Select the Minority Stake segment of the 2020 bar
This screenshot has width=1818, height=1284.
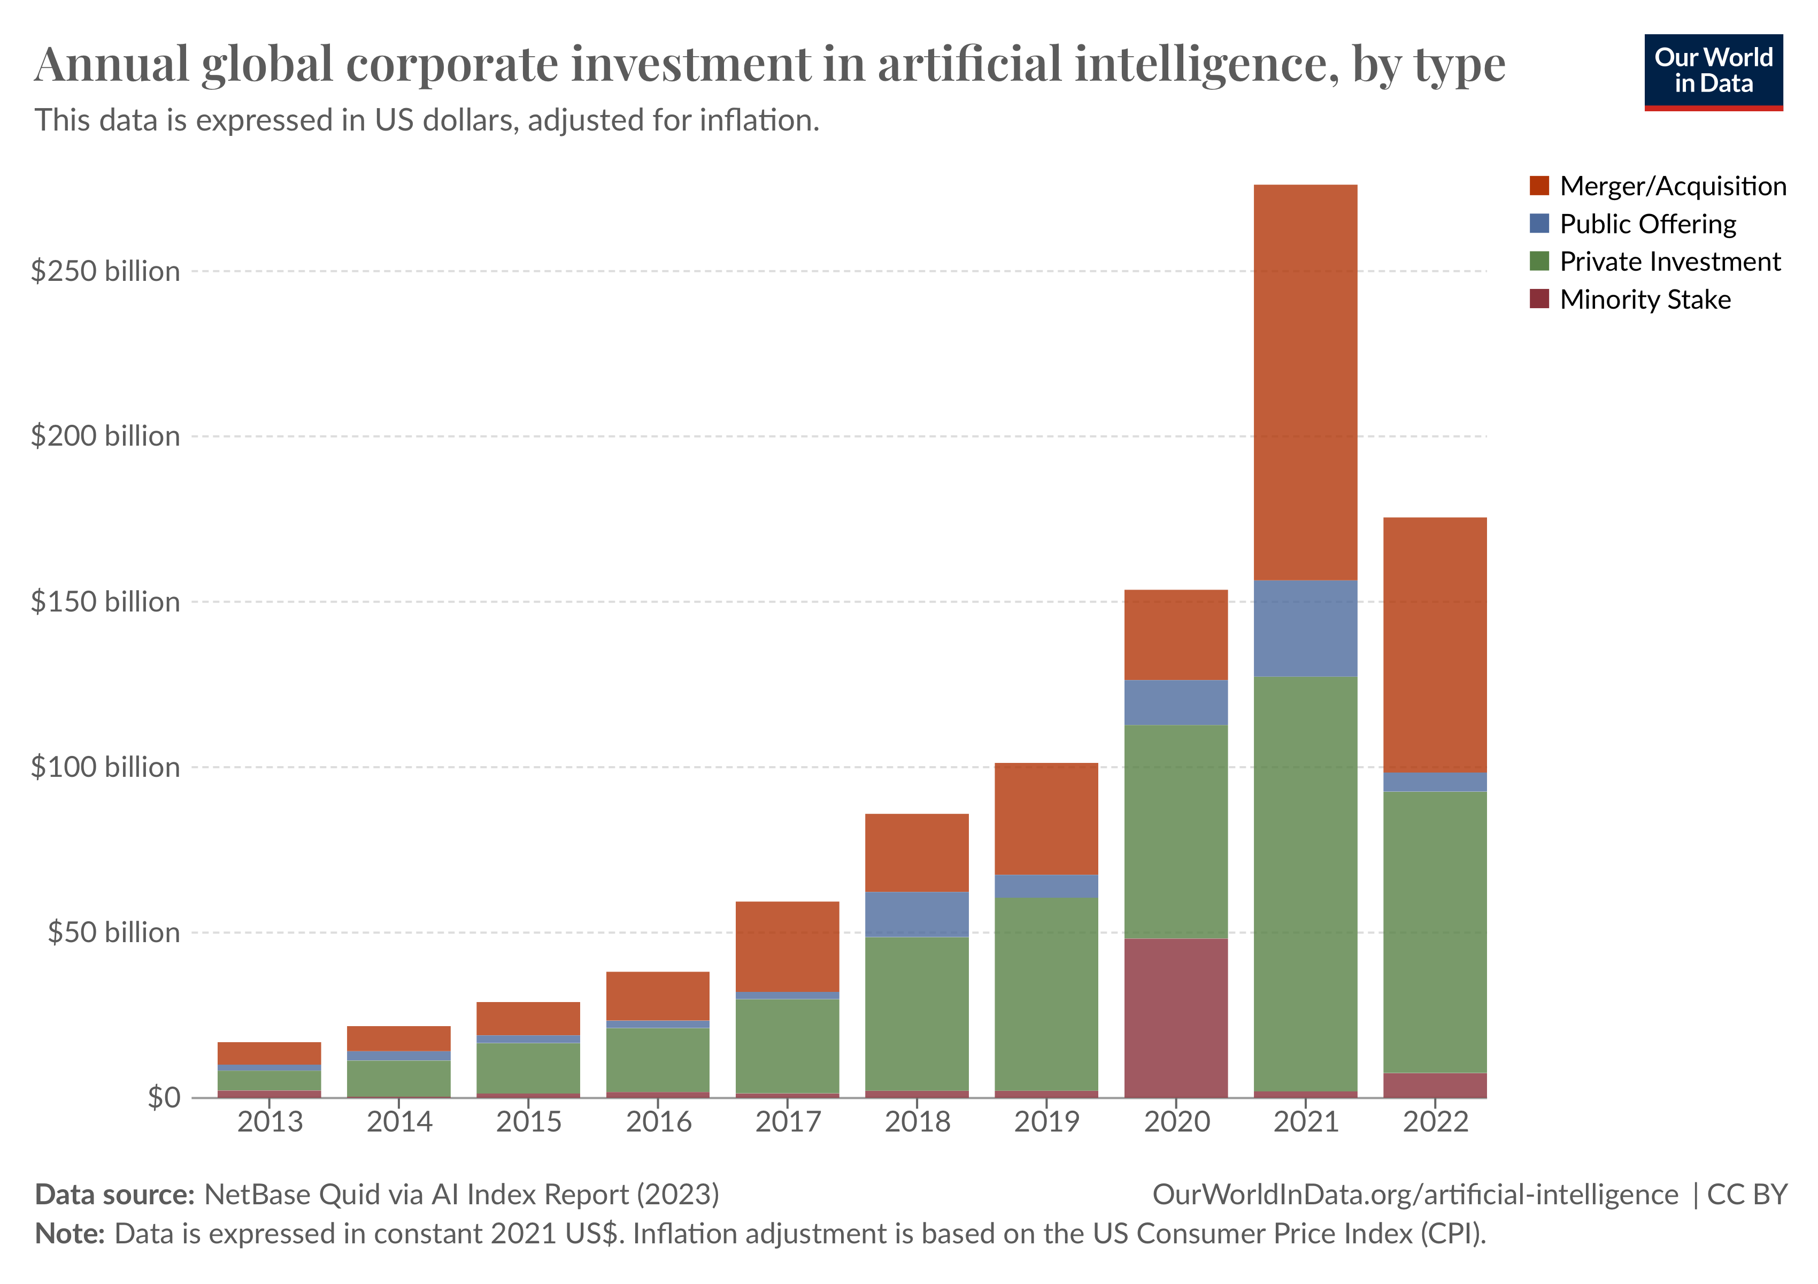click(1176, 1018)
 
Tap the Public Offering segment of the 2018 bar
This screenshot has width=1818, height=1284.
click(917, 914)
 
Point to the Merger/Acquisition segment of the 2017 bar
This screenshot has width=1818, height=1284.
click(787, 946)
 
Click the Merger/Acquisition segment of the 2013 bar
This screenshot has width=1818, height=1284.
click(269, 1053)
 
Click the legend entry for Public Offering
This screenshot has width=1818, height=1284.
click(1647, 224)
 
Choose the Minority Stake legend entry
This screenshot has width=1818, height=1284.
click(1645, 300)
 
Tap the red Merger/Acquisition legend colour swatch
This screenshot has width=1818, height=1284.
click(1539, 186)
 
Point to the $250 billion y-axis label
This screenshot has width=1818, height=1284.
click(105, 272)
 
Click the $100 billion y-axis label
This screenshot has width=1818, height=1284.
click(105, 767)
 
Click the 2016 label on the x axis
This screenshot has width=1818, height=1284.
click(658, 1121)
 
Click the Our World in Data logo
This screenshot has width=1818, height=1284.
click(1714, 71)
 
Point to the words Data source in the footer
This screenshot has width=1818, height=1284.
click(115, 1195)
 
